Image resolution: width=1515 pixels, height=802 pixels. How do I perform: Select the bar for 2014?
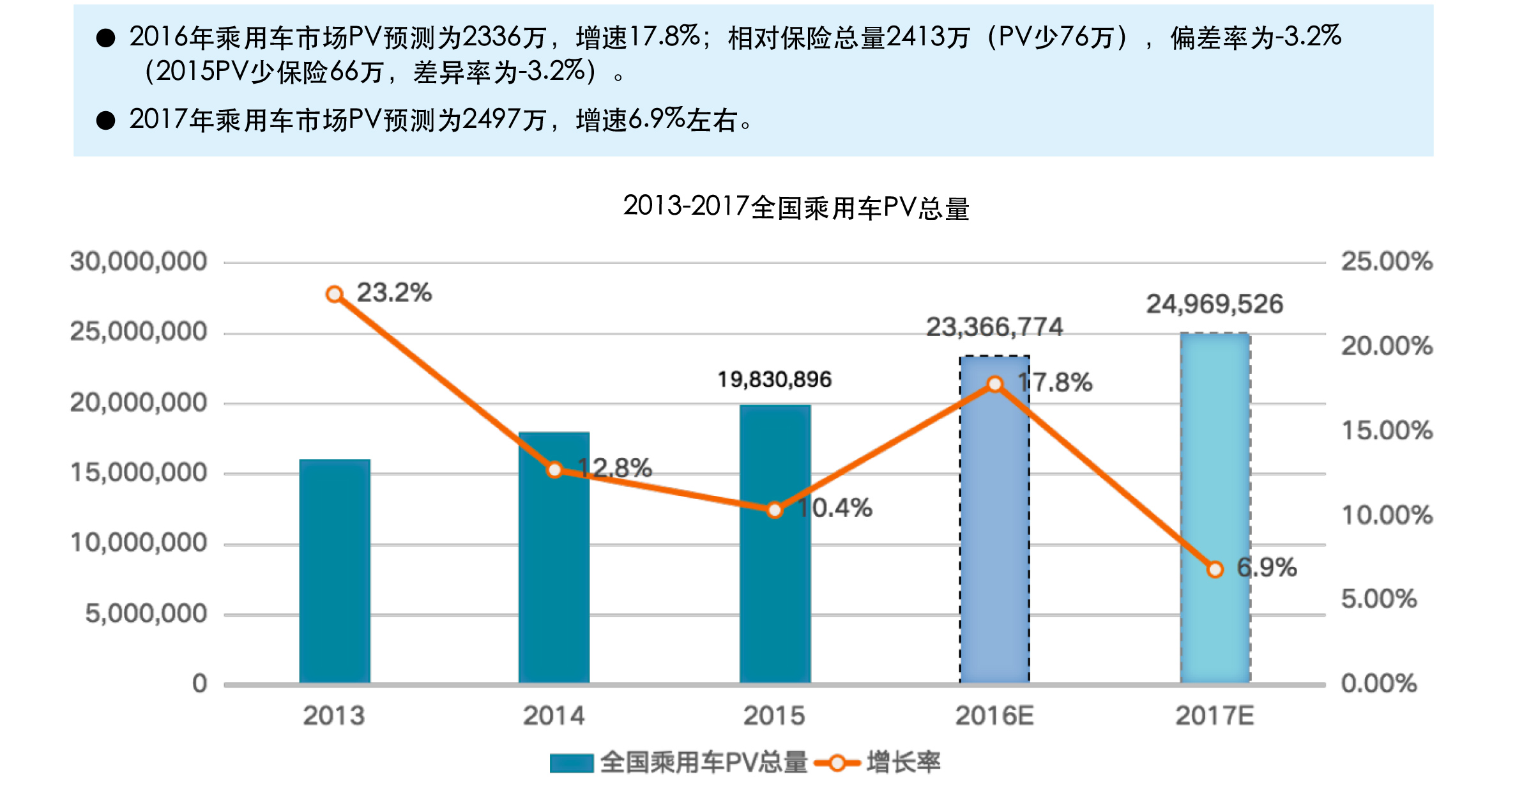point(554,575)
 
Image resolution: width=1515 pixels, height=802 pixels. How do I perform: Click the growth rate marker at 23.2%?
point(334,294)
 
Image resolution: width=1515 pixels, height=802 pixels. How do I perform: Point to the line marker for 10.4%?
point(775,510)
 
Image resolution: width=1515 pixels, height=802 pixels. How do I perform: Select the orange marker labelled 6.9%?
point(1215,569)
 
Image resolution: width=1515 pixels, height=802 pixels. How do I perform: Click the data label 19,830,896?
point(774,380)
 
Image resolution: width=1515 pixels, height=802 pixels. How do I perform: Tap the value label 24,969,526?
point(1214,304)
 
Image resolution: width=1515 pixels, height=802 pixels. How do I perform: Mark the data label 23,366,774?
point(994,327)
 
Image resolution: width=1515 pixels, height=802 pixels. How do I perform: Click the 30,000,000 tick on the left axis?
point(139,261)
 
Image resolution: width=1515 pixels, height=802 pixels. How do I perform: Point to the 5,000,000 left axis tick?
point(146,613)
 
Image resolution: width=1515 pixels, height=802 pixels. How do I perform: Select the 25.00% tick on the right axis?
point(1387,261)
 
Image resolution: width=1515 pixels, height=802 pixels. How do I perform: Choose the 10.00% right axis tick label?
point(1387,515)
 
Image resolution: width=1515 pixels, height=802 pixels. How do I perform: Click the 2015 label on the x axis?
point(774,716)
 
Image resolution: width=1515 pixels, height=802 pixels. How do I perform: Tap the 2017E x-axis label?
point(1215,716)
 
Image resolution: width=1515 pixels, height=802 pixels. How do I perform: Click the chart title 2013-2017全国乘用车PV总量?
point(796,208)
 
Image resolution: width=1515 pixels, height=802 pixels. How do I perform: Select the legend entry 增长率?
point(903,762)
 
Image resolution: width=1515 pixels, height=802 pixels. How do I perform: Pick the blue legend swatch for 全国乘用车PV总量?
point(572,763)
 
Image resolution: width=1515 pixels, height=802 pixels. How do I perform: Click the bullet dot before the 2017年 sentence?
point(105,120)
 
